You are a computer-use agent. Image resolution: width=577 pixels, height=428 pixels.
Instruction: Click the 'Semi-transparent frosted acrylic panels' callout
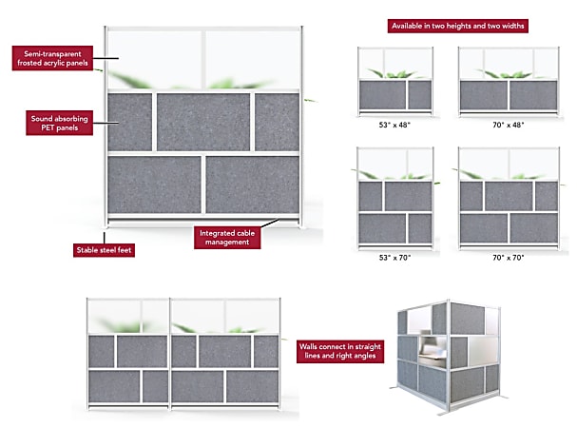[53, 58]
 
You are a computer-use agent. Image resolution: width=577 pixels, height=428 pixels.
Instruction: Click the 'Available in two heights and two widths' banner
[456, 25]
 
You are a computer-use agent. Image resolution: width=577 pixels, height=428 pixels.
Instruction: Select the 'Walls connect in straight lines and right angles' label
[341, 351]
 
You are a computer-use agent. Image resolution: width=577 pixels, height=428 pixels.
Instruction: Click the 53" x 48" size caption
[395, 125]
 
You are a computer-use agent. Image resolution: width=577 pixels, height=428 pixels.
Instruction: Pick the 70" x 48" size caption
[497, 125]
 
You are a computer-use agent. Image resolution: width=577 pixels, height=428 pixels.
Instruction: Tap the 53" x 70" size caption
[395, 256]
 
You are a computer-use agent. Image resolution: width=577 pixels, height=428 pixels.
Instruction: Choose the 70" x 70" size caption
[497, 256]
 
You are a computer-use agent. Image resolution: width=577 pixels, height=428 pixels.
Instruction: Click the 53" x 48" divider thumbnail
[395, 80]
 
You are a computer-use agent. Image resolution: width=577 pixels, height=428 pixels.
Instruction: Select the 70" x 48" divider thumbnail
[497, 80]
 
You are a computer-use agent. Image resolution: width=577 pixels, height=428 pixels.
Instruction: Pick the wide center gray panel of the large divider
[202, 121]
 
